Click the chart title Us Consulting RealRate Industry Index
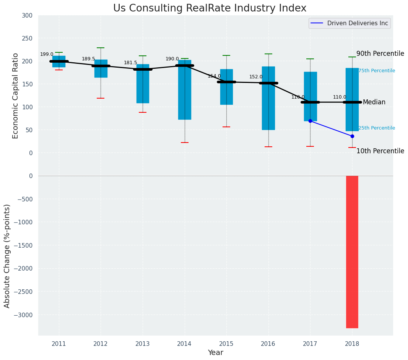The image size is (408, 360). pos(210,8)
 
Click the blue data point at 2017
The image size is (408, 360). pos(310,121)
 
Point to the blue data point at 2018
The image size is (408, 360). pos(352,136)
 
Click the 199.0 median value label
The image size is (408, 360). pos(47,54)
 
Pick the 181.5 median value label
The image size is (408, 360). pos(130,63)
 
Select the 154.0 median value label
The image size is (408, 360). pos(214,76)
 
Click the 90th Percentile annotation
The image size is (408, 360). pos(380,54)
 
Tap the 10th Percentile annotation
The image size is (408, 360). pos(380,151)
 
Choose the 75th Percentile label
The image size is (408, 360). pos(377,71)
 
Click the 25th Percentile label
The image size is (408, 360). pos(377,128)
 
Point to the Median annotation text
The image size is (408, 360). pos(374,102)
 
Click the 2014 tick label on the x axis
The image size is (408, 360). pos(184,344)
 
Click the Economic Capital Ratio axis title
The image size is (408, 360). pos(16,96)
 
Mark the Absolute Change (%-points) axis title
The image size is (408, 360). pos(7,256)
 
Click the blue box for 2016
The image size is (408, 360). pos(268,98)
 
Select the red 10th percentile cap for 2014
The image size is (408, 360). pos(185,143)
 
